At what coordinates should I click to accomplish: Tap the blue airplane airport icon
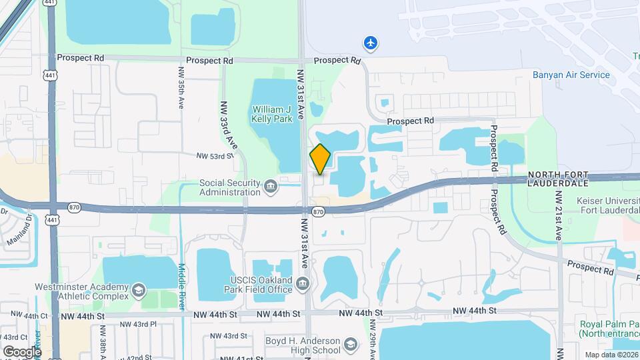pos(371,43)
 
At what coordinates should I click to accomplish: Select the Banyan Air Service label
pos(571,75)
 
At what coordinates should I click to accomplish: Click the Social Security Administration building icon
pos(271,185)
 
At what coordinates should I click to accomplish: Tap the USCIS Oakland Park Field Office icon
pos(303,285)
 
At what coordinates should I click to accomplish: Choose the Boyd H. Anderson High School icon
pos(351,345)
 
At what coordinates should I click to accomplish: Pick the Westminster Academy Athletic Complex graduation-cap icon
pos(138,290)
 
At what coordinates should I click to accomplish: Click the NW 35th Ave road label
pos(181,88)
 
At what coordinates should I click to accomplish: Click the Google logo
pos(22,351)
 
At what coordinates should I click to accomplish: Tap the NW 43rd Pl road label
pos(138,324)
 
